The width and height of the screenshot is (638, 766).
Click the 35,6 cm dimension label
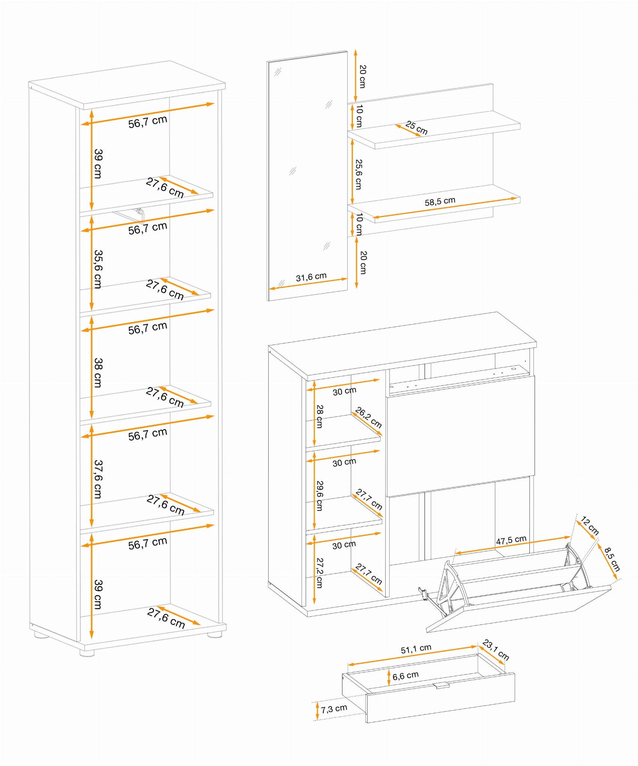98,269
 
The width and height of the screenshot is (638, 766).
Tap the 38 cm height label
98,373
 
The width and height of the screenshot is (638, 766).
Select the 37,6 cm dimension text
98,479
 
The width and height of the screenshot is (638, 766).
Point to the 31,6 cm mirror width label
311,277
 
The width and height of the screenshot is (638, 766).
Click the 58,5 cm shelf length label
440,201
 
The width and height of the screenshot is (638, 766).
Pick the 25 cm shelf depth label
416,128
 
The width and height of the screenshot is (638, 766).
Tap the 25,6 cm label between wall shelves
359,174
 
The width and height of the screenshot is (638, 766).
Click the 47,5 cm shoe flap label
511,540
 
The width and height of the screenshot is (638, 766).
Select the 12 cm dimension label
590,525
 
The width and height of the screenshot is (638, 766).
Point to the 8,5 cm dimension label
612,559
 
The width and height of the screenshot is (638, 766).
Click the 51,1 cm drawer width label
416,649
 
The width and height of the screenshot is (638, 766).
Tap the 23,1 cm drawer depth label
496,650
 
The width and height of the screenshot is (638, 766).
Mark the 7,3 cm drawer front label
334,708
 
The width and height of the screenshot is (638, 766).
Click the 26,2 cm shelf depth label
369,418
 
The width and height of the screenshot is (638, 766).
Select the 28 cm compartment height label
320,416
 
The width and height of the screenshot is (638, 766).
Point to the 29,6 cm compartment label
320,496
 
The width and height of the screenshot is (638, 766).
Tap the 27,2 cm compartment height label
320,573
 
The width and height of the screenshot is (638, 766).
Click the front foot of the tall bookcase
87,653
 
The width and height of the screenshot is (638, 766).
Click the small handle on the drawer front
441,685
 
